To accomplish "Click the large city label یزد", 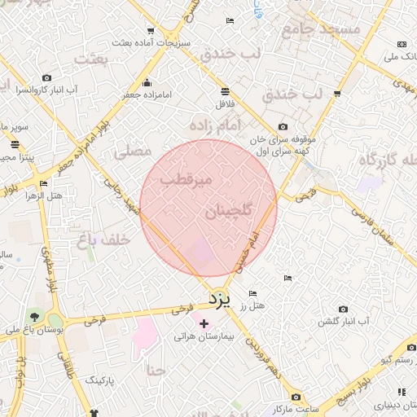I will pyautogui.click(x=220, y=299).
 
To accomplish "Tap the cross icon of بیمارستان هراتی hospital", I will pyautogui.click(x=204, y=323).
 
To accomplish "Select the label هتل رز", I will pyautogui.click(x=257, y=305).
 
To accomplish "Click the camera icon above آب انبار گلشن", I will pyautogui.click(x=343, y=309).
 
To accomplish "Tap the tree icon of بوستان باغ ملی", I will pyautogui.click(x=35, y=316).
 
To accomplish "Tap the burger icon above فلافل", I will pyautogui.click(x=224, y=90).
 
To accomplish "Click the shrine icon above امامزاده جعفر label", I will pyautogui.click(x=147, y=82).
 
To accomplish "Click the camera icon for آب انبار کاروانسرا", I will pyautogui.click(x=46, y=77).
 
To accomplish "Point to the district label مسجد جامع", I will pyautogui.click(x=320, y=31).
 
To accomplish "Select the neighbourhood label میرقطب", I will pyautogui.click(x=185, y=178).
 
